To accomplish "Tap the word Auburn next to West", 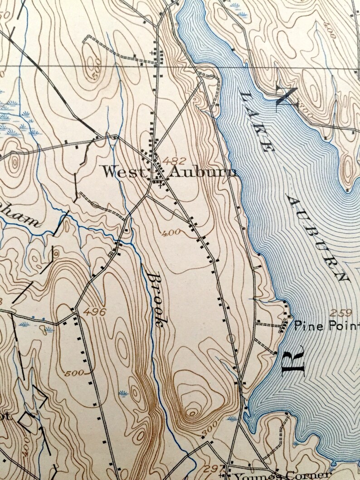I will (202, 172).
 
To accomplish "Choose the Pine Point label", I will (326, 325).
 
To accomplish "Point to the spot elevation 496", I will (95, 312).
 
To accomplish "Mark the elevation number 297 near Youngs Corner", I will (216, 467).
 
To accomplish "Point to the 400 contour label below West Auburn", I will (171, 232).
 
